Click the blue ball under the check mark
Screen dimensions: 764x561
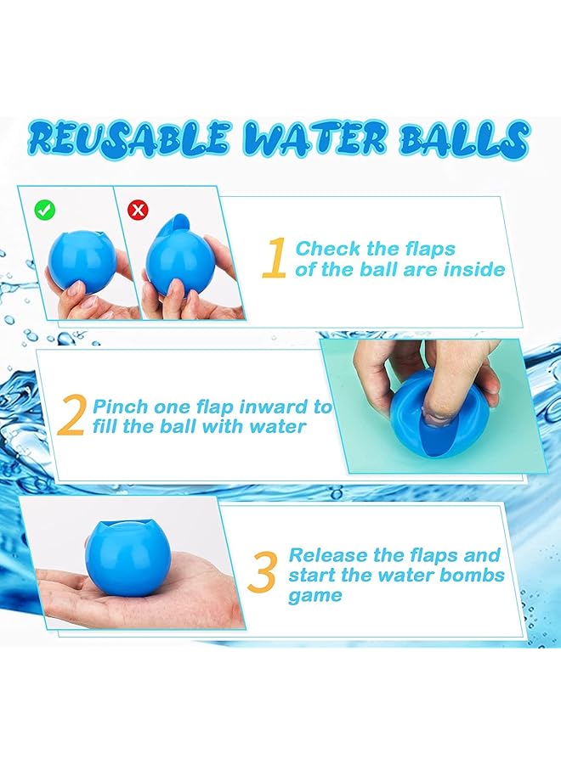78,259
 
